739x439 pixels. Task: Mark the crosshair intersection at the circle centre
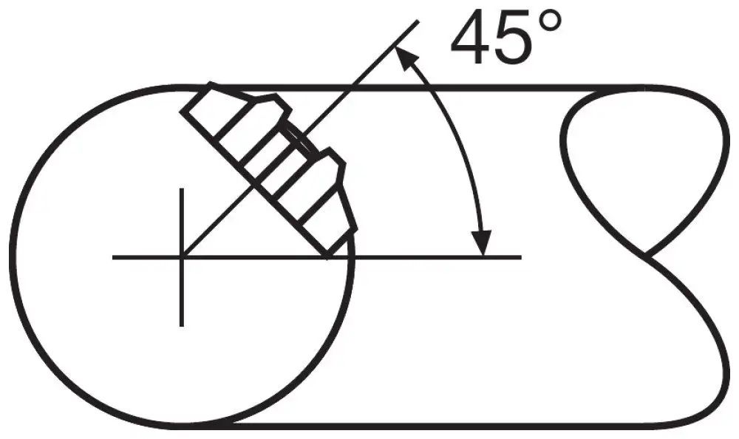[182, 257]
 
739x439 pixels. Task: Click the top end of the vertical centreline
[182, 189]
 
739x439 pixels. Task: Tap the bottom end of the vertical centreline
[182, 325]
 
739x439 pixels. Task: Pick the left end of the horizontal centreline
[113, 257]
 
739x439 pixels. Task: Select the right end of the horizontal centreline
[521, 257]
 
